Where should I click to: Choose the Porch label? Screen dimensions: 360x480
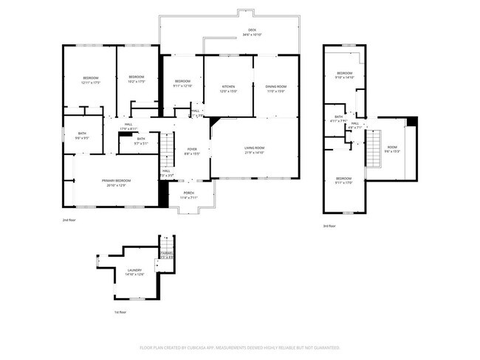(189, 194)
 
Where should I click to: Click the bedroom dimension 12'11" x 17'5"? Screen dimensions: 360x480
(91, 83)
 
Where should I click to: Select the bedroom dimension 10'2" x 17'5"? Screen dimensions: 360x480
(137, 83)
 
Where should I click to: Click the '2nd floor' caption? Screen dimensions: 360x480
(69, 219)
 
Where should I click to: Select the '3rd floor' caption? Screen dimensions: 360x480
(330, 226)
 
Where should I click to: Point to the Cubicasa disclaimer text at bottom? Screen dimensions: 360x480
(239, 347)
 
